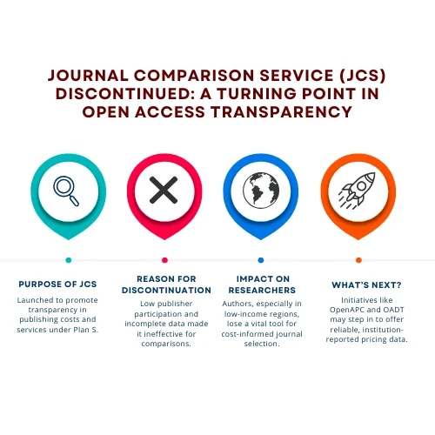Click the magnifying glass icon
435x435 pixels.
pyautogui.click(x=66, y=191)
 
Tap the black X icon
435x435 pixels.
pyautogui.click(x=164, y=190)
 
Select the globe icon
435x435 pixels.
pyautogui.click(x=261, y=191)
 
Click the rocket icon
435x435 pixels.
pyautogui.click(x=357, y=190)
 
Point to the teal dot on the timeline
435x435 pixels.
pyautogui.click(x=69, y=260)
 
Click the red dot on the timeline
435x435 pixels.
pyautogui.click(x=164, y=260)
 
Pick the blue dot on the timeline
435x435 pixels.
pyautogui.click(x=261, y=260)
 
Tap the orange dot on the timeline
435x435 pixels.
pyautogui.click(x=358, y=260)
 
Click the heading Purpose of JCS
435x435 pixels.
pyautogui.click(x=57, y=284)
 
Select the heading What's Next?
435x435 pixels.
pyautogui.click(x=366, y=285)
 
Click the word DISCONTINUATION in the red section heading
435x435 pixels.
pyautogui.click(x=166, y=291)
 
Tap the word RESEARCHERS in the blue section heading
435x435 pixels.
pyautogui.click(x=262, y=291)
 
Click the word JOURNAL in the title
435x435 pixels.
pyautogui.click(x=88, y=76)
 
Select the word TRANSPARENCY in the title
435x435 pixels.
pyautogui.click(x=281, y=112)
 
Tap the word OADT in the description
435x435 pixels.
pyautogui.click(x=393, y=310)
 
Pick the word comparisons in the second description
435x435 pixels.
pyautogui.click(x=166, y=344)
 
